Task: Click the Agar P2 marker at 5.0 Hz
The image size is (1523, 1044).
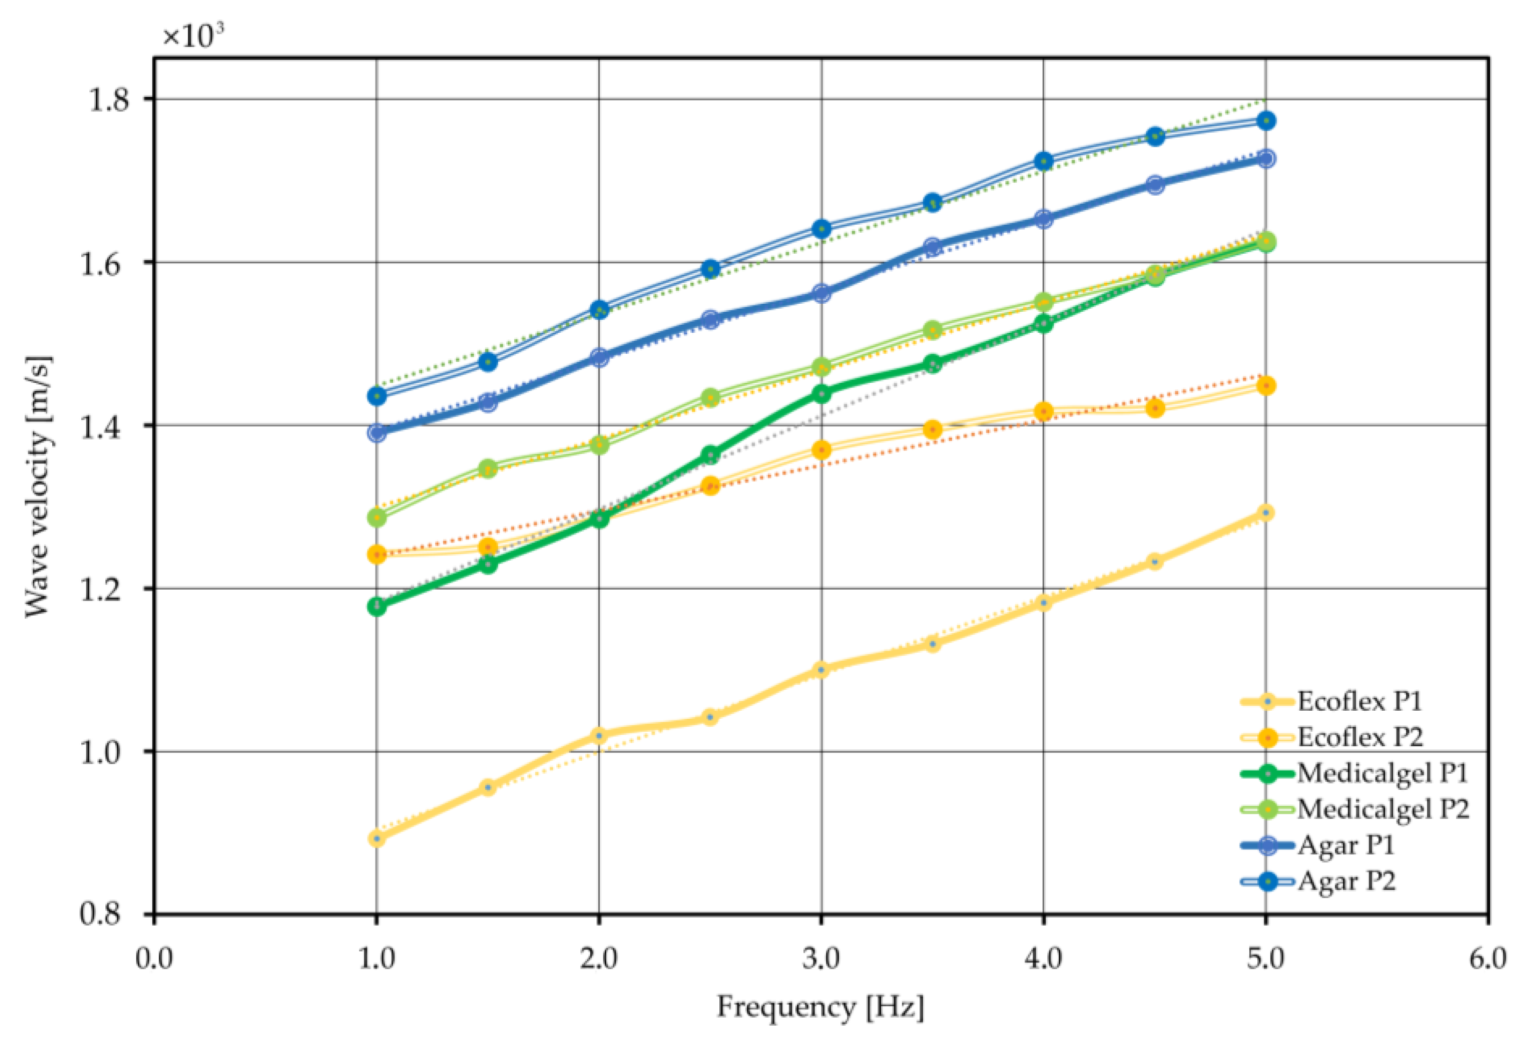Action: pyautogui.click(x=1266, y=120)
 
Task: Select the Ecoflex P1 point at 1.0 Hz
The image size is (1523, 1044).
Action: pyautogui.click(x=376, y=838)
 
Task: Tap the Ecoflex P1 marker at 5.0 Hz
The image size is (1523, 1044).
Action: pyautogui.click(x=1266, y=513)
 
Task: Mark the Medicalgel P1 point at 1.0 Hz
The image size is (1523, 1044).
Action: pyautogui.click(x=376, y=606)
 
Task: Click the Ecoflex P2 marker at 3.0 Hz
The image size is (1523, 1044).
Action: pyautogui.click(x=821, y=450)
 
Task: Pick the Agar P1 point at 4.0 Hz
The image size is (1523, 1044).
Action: pyautogui.click(x=1043, y=219)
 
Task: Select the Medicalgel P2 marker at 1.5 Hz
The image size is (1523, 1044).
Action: pyautogui.click(x=487, y=469)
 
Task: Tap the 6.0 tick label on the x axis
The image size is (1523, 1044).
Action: pyautogui.click(x=1487, y=960)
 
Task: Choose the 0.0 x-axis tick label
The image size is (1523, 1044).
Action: pyautogui.click(x=154, y=960)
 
